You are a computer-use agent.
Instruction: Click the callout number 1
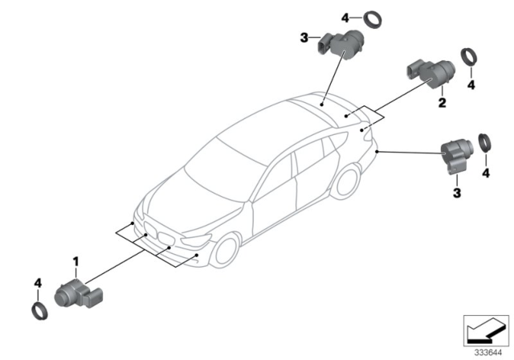coord(75,262)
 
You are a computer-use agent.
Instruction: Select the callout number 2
coord(443,103)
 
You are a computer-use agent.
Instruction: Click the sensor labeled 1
coord(79,294)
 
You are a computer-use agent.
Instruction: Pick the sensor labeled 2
coord(431,74)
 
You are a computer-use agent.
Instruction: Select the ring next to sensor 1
coord(39,311)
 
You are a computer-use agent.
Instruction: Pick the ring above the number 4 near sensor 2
coord(469,56)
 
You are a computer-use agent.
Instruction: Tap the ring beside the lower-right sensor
coord(485,143)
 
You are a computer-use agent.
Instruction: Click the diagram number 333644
coord(488,353)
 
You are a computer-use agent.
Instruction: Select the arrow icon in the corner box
coord(485,332)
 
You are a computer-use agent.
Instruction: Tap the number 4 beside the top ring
coord(345,18)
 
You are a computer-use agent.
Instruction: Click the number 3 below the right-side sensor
coord(457,193)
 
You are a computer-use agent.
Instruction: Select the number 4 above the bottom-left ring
coord(38,283)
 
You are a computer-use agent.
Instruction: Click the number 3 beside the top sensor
coord(304,38)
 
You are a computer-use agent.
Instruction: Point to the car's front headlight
coord(196,239)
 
